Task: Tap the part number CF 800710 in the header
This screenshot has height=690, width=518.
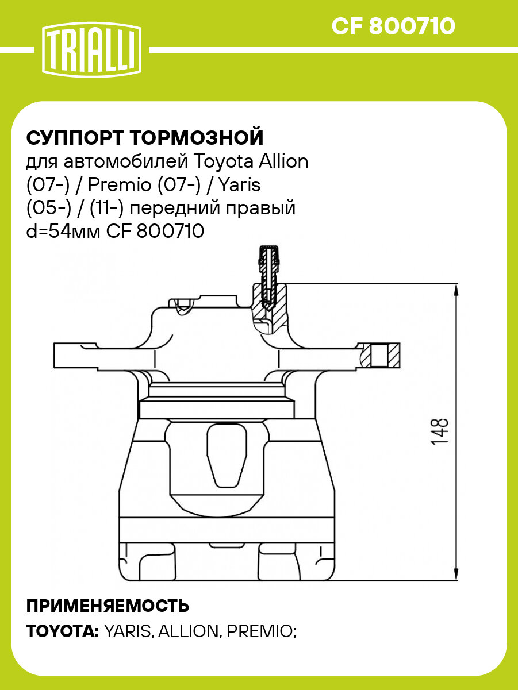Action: [393, 26]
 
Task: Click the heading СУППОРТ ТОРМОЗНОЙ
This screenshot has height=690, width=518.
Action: [145, 138]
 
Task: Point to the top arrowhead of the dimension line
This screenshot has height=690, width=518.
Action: [457, 291]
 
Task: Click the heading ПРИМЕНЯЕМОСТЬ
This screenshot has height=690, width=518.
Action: [108, 606]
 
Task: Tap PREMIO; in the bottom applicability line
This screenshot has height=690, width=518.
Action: [262, 631]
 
